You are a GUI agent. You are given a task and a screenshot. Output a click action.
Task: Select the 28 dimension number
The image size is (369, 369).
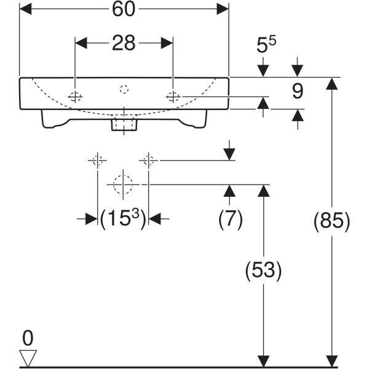124,43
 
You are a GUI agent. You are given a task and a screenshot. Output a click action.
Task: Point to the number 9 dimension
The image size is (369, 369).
298,92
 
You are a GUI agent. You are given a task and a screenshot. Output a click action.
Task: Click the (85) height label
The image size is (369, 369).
332,221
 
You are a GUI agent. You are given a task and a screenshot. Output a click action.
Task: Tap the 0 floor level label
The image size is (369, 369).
28,338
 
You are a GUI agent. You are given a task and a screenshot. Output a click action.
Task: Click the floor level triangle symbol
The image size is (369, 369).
28,357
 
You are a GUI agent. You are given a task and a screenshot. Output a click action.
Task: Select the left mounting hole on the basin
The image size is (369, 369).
75,96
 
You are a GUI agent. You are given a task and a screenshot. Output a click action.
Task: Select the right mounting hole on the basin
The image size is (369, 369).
173,96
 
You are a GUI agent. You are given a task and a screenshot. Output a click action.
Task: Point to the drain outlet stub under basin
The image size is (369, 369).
124,125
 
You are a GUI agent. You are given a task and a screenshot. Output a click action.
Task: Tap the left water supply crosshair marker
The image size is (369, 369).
97,161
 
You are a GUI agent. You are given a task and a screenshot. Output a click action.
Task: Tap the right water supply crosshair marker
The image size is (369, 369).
148,161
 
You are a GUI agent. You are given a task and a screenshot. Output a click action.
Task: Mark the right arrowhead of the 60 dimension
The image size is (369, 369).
223,10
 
